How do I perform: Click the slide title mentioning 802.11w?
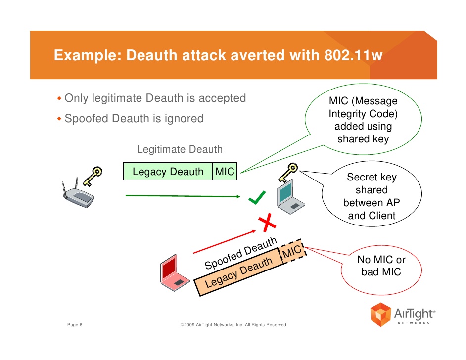pos(218,55)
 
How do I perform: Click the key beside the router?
pos(93,175)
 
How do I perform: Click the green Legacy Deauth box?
pos(168,172)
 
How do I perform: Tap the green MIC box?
pos(224,172)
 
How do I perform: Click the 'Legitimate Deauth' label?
pos(180,149)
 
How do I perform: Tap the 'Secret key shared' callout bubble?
pos(371,196)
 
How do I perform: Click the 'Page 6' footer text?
pos(75,325)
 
